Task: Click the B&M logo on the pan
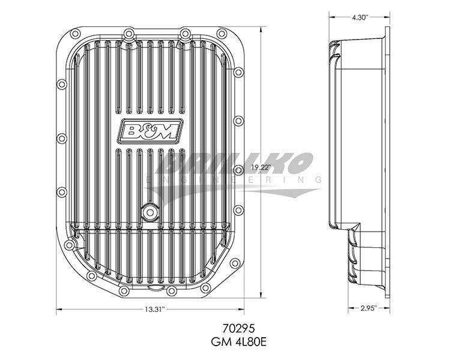tap(151, 130)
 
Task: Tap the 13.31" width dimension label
tap(155, 309)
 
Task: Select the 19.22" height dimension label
tap(261, 167)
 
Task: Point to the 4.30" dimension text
tap(360, 17)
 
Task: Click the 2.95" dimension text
tap(369, 308)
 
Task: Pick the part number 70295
tap(238, 329)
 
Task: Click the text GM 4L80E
tap(238, 342)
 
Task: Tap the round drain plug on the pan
tap(150, 212)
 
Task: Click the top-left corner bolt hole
tap(74, 33)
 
